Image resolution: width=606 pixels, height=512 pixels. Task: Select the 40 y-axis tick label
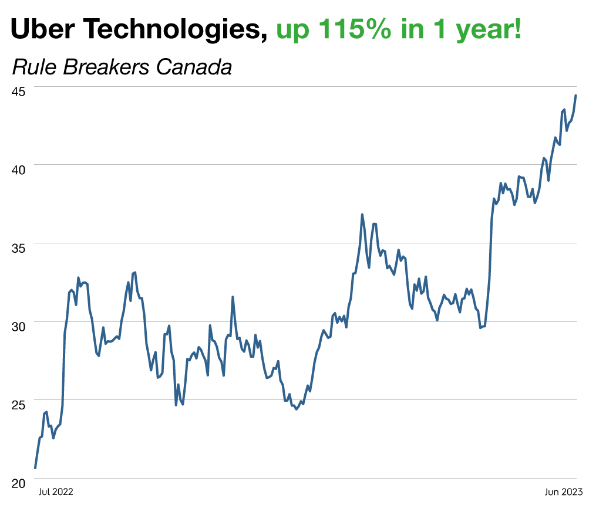19,169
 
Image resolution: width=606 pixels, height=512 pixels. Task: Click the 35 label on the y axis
19,248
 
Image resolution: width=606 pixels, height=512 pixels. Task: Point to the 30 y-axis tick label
19,326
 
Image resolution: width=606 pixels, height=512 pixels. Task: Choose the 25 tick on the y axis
19,405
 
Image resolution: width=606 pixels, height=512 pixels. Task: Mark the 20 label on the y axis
19,483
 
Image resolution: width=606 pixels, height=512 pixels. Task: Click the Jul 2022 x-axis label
56,493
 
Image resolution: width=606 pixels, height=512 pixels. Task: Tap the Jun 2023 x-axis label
563,493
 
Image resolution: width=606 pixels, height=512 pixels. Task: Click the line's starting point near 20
35,468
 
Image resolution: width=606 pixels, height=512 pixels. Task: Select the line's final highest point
575,95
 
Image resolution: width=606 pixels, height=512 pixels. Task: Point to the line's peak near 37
362,215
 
